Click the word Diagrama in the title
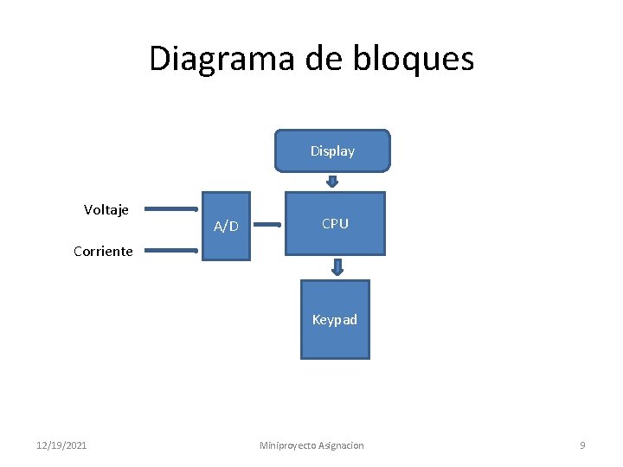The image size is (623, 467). (x=222, y=59)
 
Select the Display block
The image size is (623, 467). (x=332, y=151)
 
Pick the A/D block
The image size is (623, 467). (x=226, y=227)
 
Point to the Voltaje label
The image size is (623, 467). (x=106, y=209)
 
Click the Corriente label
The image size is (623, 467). (x=103, y=252)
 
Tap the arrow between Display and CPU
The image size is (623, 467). (x=332, y=182)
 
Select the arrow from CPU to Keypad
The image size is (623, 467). (x=338, y=267)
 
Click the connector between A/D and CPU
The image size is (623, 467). (x=267, y=226)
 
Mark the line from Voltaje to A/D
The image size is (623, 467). (x=170, y=208)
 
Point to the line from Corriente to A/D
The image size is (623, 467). (x=170, y=251)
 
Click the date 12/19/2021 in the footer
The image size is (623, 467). (x=61, y=445)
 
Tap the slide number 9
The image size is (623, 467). (x=582, y=445)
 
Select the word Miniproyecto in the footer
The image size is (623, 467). (x=288, y=445)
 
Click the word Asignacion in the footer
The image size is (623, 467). (x=342, y=445)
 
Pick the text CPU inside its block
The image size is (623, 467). (x=335, y=224)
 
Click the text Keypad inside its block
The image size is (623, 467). (x=335, y=320)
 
